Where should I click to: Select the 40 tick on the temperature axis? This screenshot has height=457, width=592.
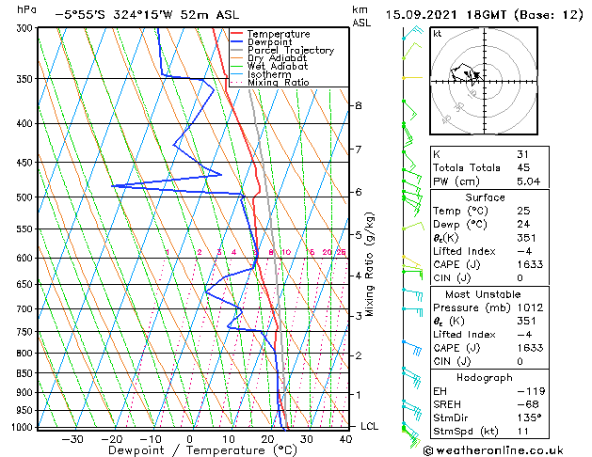[346, 438]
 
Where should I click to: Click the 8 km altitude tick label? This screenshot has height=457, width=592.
[358, 105]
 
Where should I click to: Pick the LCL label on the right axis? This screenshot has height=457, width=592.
[370, 426]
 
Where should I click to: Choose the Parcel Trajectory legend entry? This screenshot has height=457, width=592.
[290, 51]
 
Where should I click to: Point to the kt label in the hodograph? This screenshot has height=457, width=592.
[437, 34]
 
